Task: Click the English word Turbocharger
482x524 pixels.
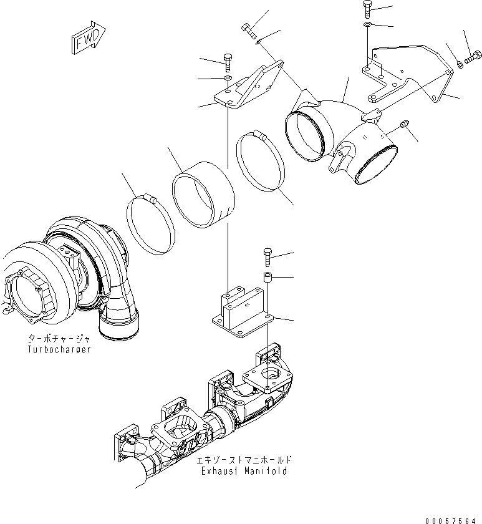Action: [x=59, y=349]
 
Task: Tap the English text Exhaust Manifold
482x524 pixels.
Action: [x=243, y=471]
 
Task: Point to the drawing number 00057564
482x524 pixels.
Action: [x=453, y=520]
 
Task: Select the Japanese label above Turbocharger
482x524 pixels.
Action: [x=59, y=339]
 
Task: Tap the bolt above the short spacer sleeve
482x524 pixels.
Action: [x=268, y=256]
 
